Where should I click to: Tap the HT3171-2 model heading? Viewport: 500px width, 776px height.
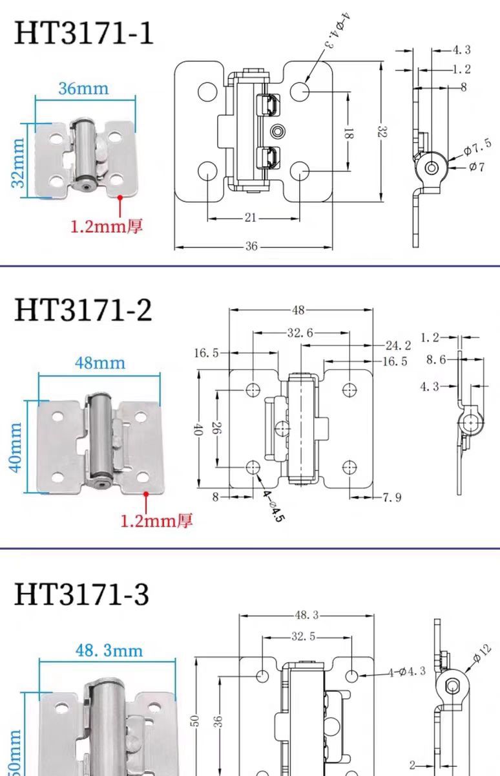click(x=83, y=310)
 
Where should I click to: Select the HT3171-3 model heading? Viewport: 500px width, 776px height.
click(x=82, y=594)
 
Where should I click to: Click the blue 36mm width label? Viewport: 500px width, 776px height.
click(x=83, y=88)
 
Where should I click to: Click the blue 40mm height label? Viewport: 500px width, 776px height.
click(x=16, y=446)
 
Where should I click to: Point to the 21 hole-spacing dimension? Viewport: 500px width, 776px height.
click(x=251, y=218)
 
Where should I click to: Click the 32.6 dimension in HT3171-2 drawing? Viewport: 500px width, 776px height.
click(x=300, y=333)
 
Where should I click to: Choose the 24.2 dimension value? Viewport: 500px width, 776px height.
click(x=398, y=345)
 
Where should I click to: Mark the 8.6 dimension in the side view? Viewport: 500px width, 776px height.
click(x=437, y=360)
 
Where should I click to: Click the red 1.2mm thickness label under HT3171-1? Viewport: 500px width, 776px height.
click(x=106, y=226)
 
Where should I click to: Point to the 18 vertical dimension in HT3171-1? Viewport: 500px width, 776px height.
click(x=348, y=134)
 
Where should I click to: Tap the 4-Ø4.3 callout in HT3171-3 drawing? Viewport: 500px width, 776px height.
click(x=406, y=672)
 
